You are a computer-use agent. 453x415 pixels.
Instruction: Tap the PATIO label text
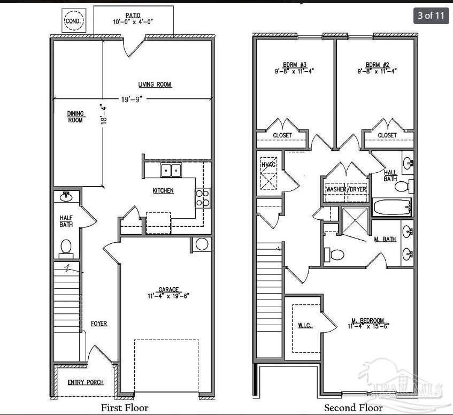click(133, 16)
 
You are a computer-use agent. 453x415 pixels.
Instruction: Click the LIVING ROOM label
click(155, 84)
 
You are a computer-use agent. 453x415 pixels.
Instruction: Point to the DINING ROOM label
click(75, 117)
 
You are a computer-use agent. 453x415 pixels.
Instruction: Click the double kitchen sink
click(171, 171)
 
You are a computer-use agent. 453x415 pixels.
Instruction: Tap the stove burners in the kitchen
click(203, 198)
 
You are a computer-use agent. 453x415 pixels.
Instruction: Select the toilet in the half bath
click(66, 248)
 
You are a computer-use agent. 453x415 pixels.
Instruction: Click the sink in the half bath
click(67, 196)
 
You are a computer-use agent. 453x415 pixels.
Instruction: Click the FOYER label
click(99, 324)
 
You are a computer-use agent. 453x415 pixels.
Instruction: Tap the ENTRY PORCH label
click(86, 382)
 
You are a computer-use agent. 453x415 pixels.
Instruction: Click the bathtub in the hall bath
click(391, 207)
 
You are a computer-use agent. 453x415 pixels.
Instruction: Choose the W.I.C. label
click(305, 326)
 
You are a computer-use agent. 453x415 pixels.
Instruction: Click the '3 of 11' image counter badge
click(431, 15)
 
